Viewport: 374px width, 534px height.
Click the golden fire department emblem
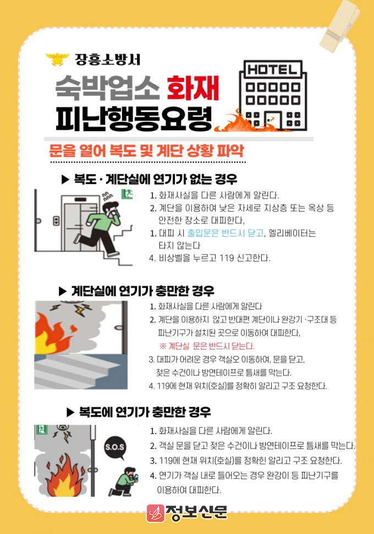point(57,59)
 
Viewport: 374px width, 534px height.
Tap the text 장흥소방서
point(107,59)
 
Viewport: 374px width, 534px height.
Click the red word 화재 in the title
point(193,88)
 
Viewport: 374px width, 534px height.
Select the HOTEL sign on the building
point(271,70)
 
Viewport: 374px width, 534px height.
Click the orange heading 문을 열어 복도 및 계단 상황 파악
point(147,151)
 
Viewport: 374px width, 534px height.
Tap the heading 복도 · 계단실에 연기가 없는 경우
point(150,179)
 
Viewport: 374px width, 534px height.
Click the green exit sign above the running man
point(127,194)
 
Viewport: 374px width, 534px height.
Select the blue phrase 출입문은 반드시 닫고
point(226,233)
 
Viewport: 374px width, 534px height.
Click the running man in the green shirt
point(101,228)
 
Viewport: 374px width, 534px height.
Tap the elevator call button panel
point(56,221)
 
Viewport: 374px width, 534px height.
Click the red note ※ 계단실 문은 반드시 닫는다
point(207,346)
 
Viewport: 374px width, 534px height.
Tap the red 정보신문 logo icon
point(156,513)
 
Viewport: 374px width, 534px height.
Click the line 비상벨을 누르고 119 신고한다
point(210,258)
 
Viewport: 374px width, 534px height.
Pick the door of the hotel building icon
point(273,120)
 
